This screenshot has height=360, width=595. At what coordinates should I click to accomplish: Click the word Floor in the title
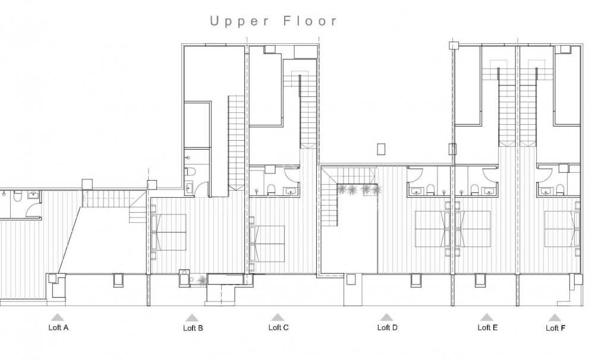coord(309,21)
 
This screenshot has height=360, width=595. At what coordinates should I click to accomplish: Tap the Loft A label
coord(58,327)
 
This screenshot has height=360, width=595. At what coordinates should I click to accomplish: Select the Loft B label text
coord(193,328)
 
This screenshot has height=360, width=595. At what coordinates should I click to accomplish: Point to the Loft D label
coord(388,327)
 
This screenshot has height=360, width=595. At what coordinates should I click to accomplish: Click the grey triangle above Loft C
coord(277,317)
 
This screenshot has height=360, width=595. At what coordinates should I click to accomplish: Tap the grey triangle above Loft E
coord(487,317)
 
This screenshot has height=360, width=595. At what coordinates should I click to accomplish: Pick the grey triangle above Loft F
coord(555,318)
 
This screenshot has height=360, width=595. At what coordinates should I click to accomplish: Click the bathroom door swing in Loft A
coord(27,211)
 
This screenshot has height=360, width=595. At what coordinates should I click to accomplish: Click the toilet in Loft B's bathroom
coord(188,172)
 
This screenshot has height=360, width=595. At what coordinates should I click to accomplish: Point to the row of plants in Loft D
coord(359,190)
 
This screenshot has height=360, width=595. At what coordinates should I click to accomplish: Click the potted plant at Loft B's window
coord(203,279)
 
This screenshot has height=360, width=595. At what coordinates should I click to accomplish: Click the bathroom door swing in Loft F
coord(544,173)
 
